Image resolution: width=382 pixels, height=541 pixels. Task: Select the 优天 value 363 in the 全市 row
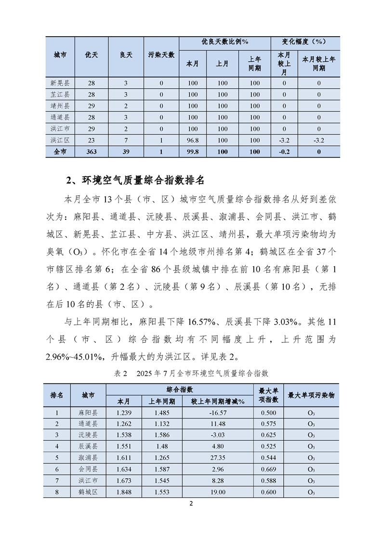click(91, 151)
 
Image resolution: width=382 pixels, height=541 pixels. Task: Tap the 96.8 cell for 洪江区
click(193, 140)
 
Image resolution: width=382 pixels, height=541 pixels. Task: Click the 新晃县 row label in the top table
click(60, 83)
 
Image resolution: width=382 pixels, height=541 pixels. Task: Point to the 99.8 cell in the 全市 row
click(193, 151)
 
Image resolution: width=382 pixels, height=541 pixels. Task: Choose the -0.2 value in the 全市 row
click(284, 151)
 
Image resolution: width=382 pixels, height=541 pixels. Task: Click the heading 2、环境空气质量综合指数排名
click(135, 181)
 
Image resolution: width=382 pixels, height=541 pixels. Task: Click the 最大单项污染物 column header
click(311, 395)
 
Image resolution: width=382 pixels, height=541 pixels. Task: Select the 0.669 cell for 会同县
click(269, 469)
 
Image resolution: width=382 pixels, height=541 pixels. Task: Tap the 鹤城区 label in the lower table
click(88, 492)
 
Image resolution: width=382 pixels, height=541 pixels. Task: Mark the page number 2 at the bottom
click(191, 504)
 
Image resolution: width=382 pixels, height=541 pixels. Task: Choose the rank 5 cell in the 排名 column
click(57, 458)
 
